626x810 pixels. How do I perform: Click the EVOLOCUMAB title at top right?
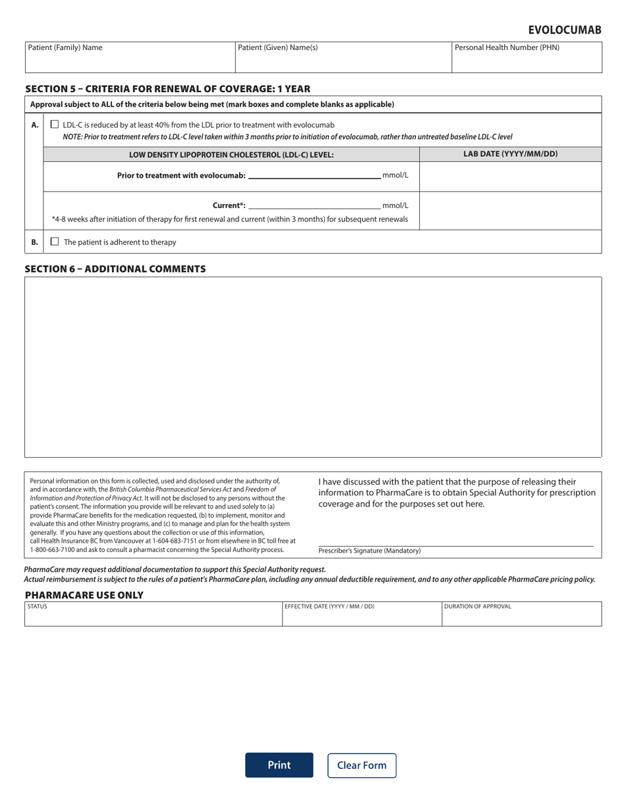565,30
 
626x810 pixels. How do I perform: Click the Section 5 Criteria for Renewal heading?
167,89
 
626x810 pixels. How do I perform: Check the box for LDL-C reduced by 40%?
55,124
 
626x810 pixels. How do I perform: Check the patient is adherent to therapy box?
55,242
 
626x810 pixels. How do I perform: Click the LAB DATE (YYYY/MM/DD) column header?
510,154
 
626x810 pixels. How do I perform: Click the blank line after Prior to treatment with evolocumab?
314,175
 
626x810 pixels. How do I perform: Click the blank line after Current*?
314,205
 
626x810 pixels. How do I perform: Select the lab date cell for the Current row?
510,211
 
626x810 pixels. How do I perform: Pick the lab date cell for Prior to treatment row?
510,176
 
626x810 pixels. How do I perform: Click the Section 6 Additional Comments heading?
115,269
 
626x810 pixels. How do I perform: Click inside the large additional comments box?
313,367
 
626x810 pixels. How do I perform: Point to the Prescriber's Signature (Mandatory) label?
369,551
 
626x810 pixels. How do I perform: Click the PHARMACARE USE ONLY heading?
84,595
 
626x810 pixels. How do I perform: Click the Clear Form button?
362,765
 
